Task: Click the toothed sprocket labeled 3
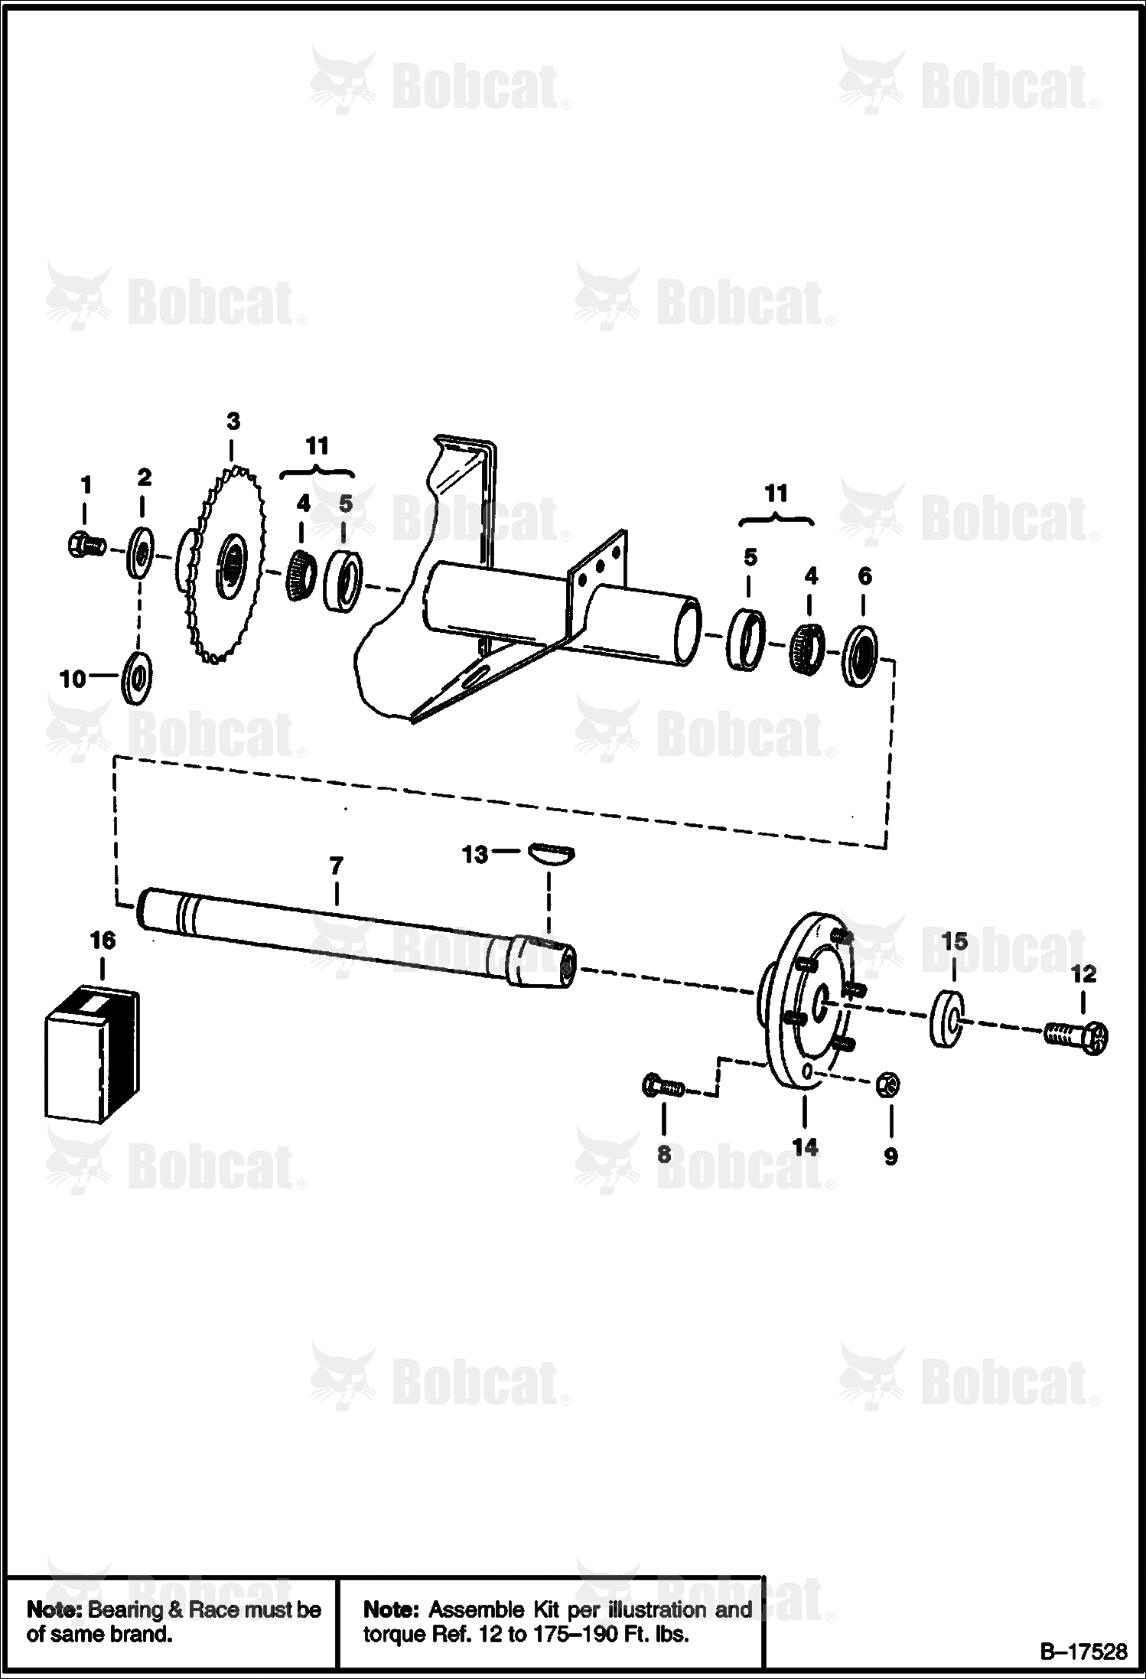(222, 565)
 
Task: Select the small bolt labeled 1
(85, 546)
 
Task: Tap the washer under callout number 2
(141, 549)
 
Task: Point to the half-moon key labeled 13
(552, 853)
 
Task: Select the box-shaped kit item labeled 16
(93, 1057)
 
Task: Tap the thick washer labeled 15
(947, 1018)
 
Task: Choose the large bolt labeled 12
(1076, 1035)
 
